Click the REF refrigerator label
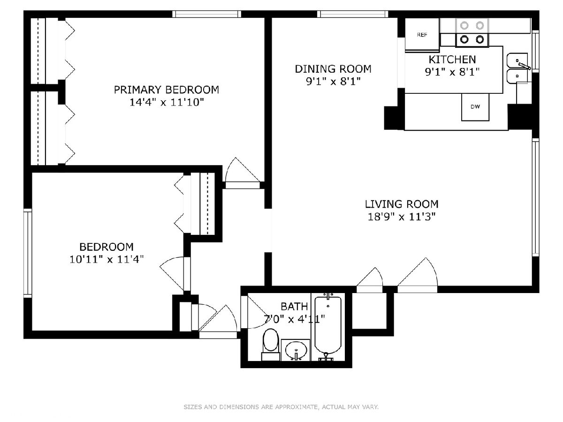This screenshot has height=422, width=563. tap(422, 35)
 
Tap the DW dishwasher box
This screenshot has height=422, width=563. tap(475, 107)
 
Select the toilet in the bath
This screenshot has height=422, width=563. tap(271, 345)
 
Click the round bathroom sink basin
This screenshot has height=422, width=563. tap(296, 350)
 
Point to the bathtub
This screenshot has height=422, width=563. tap(328, 327)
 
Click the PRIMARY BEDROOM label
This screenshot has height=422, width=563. tap(167, 90)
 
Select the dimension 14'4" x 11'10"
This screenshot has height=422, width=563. tap(167, 103)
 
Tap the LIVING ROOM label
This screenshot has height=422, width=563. tap(402, 204)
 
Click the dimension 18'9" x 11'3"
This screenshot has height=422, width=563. tap(402, 217)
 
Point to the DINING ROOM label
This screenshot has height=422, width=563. tap(333, 69)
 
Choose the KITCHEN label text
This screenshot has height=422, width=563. tap(452, 60)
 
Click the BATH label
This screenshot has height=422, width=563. tap(294, 307)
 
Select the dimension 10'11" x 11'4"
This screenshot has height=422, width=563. tap(107, 260)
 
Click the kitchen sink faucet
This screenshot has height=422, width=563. tap(524, 65)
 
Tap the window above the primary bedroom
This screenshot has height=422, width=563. tap(207, 14)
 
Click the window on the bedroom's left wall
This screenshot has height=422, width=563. tap(28, 253)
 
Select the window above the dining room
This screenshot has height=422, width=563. tap(353, 14)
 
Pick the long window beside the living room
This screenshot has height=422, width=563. tap(536, 197)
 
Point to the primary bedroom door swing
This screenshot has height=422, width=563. tap(243, 170)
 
